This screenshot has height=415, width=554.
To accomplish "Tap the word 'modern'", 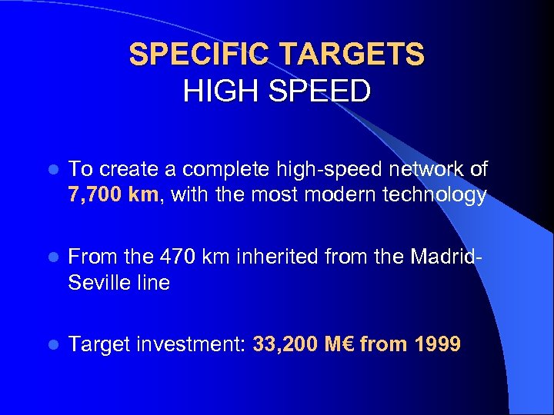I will [x=334, y=195].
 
